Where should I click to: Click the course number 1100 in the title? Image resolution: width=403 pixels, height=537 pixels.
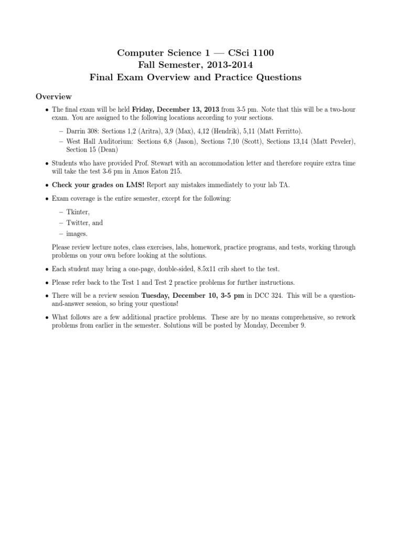tap(262, 52)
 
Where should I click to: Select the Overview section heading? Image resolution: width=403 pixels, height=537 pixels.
tap(54, 96)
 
